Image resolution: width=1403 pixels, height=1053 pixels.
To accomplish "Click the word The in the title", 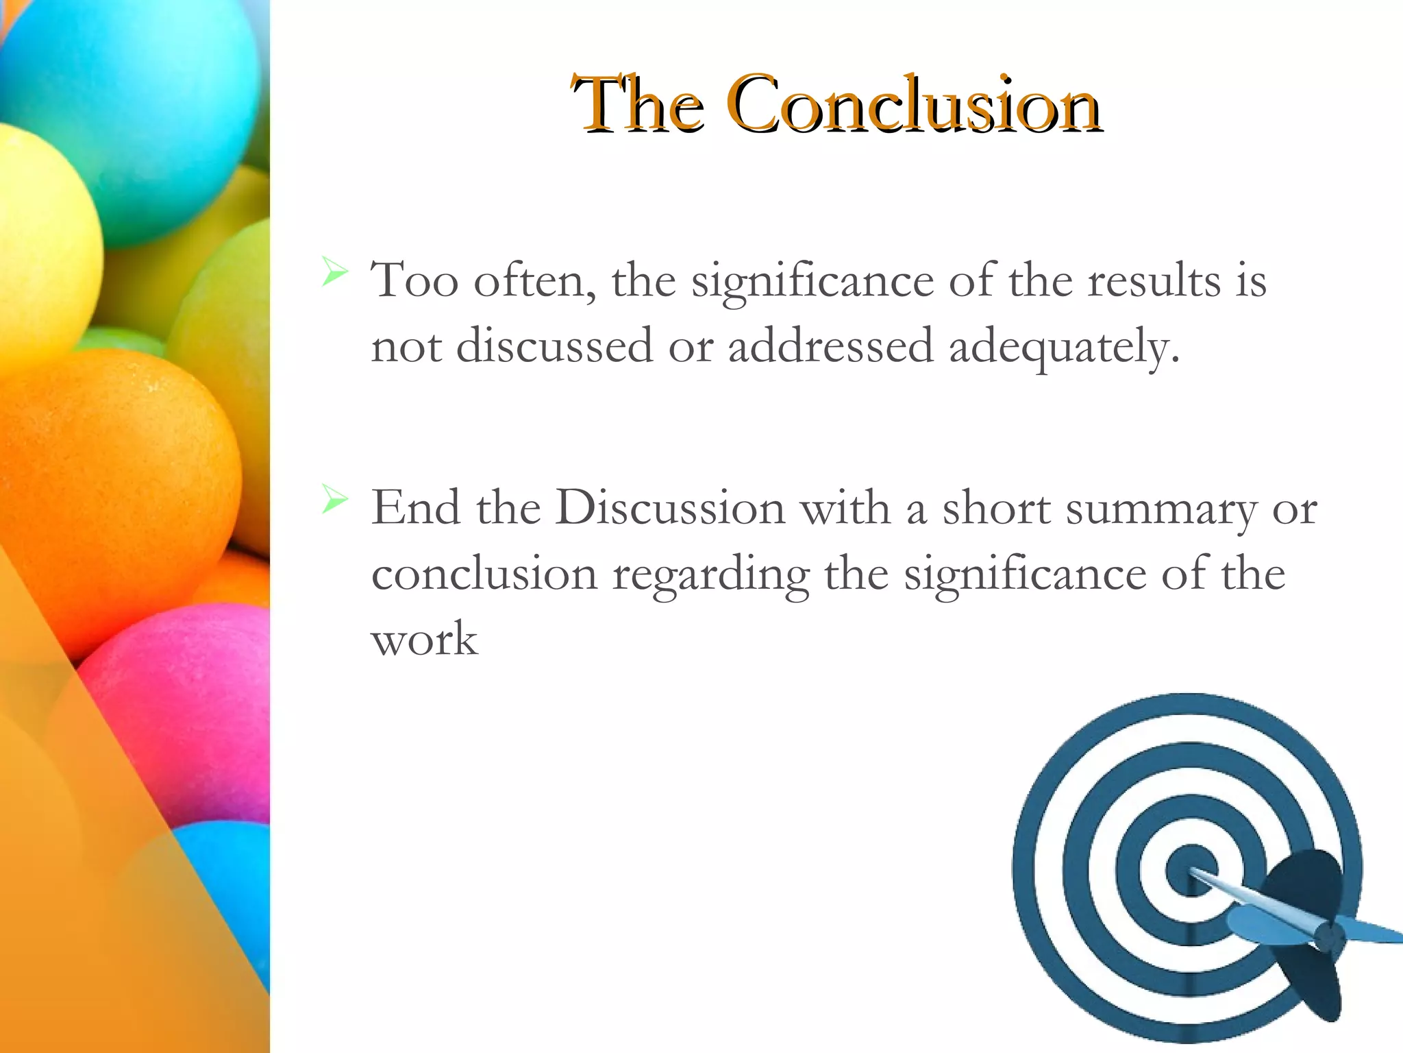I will pyautogui.click(x=637, y=105).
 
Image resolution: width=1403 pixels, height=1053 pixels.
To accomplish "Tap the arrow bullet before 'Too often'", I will pyautogui.click(x=334, y=272).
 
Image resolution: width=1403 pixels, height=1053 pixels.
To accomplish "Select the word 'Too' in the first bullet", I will pyautogui.click(x=414, y=280).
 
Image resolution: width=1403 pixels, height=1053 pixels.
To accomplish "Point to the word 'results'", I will pyautogui.click(x=1154, y=280).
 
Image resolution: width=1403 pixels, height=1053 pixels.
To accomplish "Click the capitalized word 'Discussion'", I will pyautogui.click(x=670, y=508).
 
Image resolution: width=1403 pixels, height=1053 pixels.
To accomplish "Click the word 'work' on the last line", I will pyautogui.click(x=424, y=640).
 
